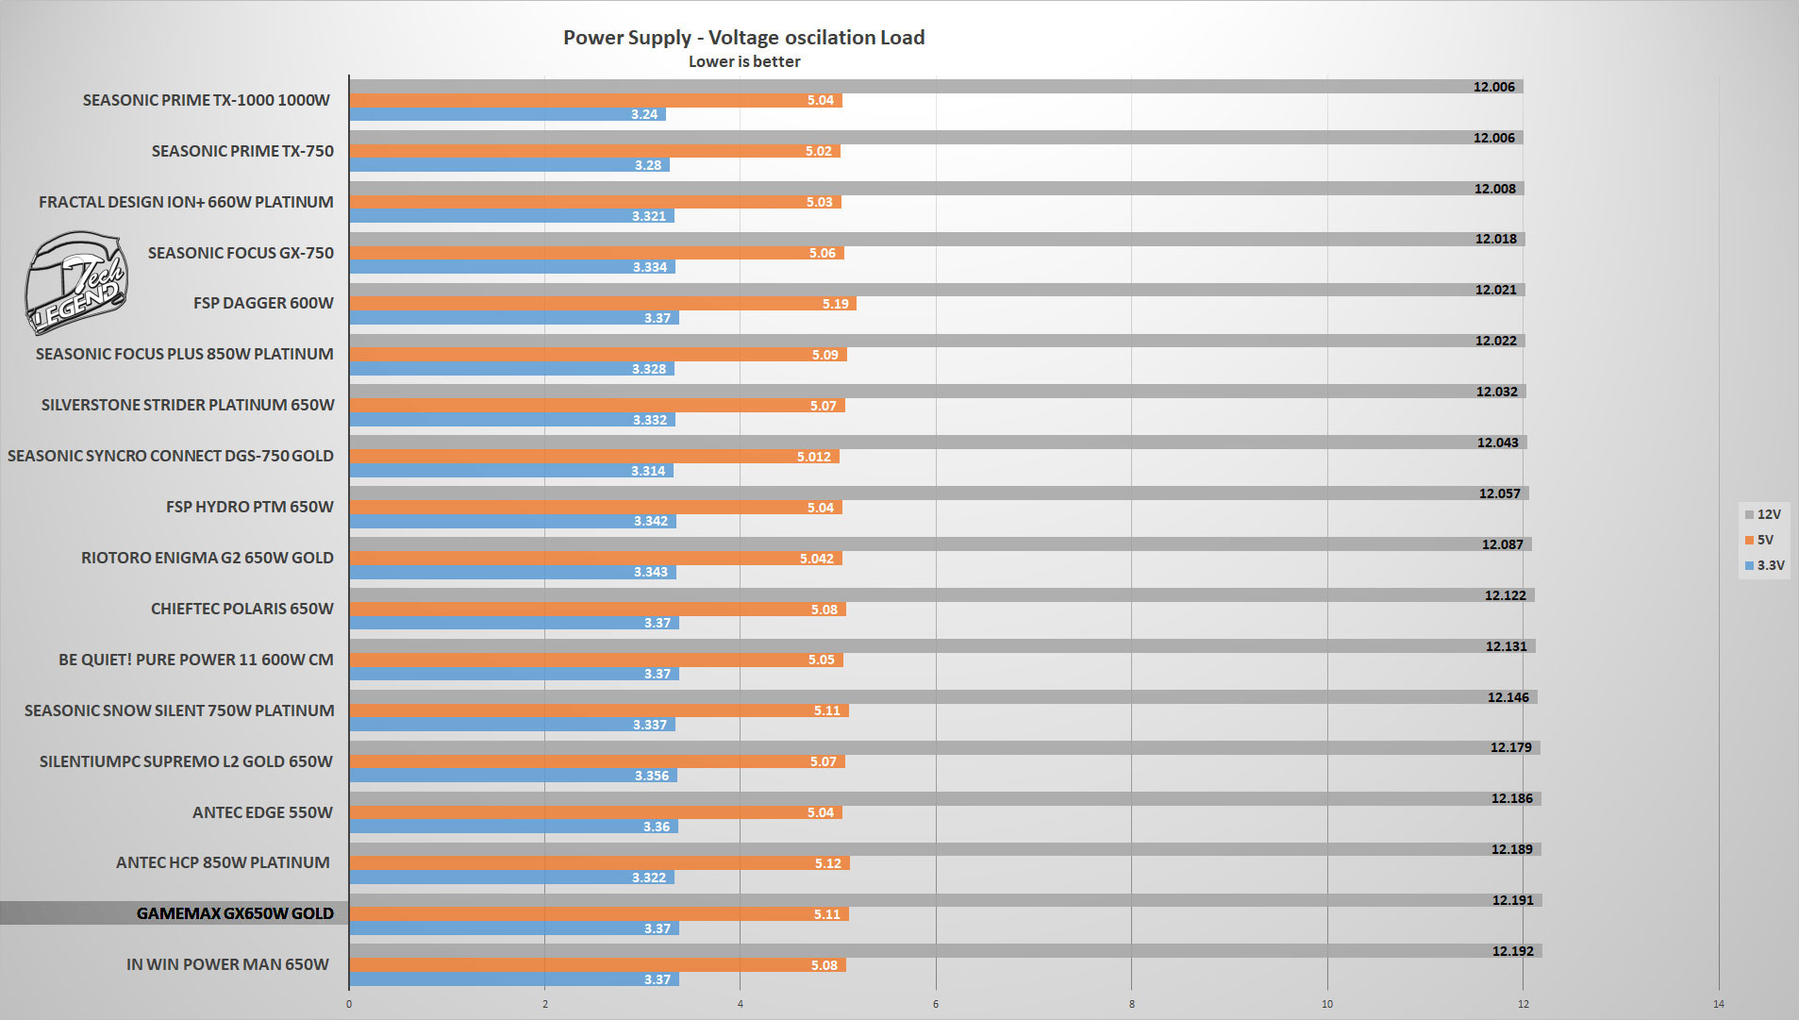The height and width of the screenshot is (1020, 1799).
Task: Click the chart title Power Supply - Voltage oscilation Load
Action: tap(743, 38)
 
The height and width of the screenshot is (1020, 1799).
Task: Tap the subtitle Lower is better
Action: tap(743, 62)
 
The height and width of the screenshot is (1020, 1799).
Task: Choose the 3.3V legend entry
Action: tap(1764, 566)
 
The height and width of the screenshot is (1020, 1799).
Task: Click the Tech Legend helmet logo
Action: tap(75, 283)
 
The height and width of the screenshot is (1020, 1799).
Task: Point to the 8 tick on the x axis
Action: tap(1131, 1004)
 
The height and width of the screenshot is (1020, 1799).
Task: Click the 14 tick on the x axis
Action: tap(1718, 1004)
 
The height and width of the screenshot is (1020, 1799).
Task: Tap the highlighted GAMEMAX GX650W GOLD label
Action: tap(235, 913)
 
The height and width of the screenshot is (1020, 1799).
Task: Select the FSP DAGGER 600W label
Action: tap(263, 303)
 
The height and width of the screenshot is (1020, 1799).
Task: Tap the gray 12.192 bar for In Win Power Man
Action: tap(943, 951)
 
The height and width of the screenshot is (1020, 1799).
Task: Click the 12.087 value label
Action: tap(1502, 544)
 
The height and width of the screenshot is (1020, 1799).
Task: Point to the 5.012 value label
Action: tap(813, 457)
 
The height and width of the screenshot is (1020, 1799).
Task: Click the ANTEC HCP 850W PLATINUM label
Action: tap(223, 862)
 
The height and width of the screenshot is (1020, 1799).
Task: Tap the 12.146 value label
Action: tap(1507, 697)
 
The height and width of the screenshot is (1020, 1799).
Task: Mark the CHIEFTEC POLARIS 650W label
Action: tap(242, 609)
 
